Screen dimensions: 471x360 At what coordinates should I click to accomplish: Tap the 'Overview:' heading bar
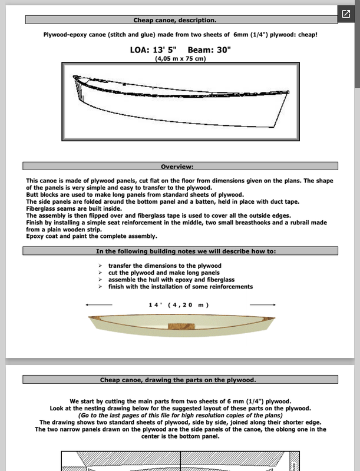click(180, 167)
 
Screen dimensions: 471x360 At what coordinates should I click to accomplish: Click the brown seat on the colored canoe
click(177, 327)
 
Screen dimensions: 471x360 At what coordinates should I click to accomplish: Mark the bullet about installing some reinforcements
click(180, 287)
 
